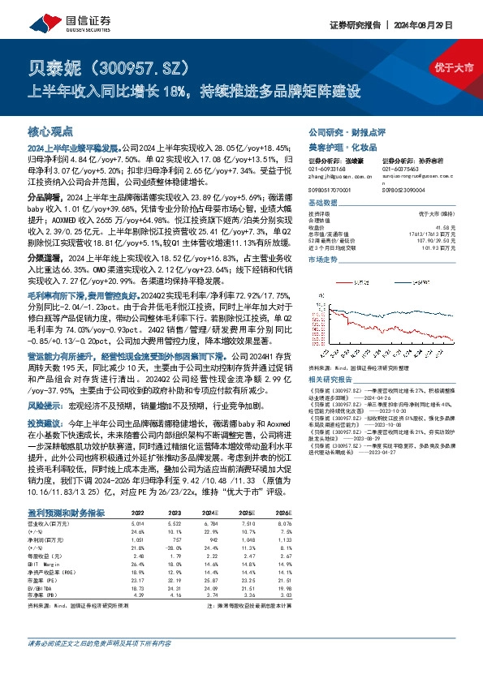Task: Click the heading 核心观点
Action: (x=50, y=131)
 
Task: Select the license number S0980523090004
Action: (x=403, y=191)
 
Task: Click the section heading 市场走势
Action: (x=321, y=260)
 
